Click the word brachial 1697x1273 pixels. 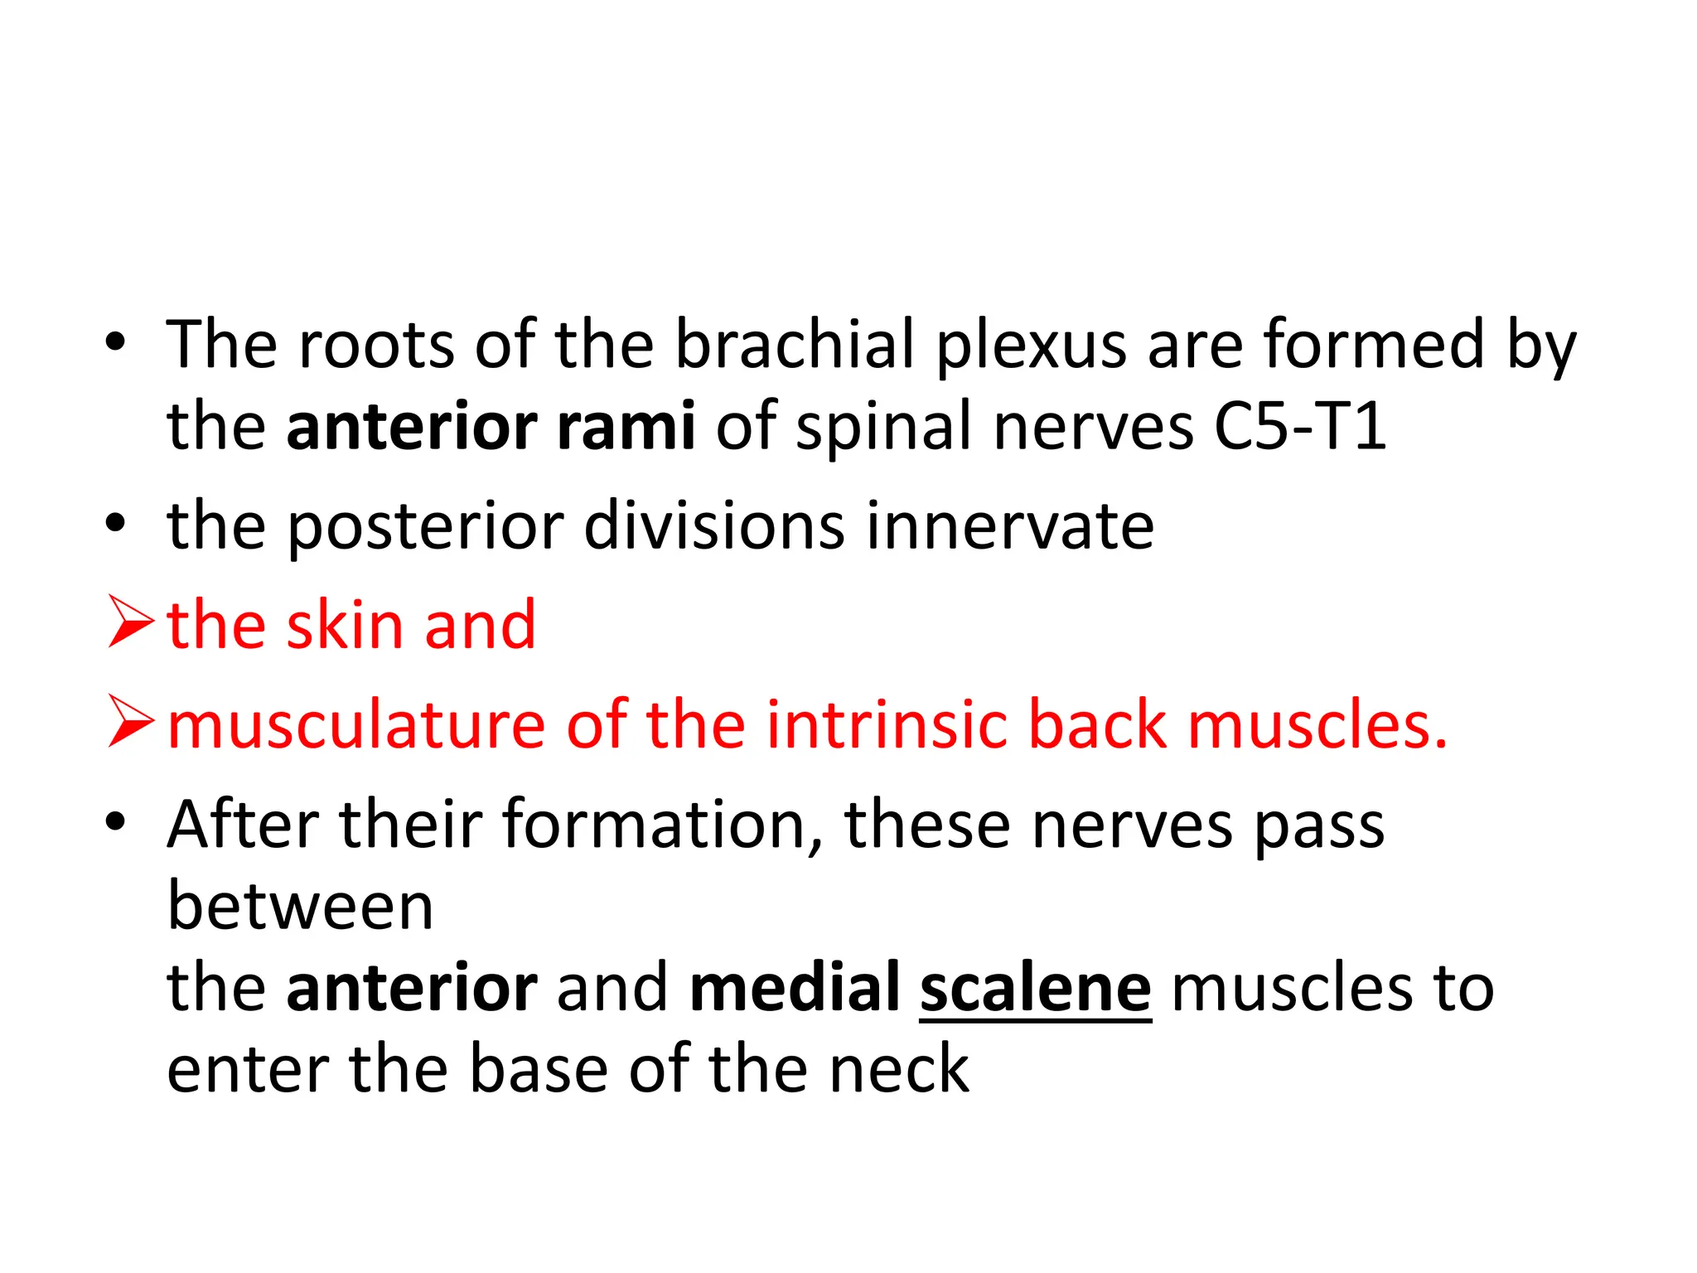(795, 344)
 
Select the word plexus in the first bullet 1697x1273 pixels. (1031, 346)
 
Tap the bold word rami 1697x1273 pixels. (626, 426)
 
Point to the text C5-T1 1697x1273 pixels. (1299, 426)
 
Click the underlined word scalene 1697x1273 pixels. (1035, 988)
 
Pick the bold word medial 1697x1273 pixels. (795, 988)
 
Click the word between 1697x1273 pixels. (300, 906)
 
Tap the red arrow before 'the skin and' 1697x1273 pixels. (130, 626)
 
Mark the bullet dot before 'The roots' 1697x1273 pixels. (116, 342)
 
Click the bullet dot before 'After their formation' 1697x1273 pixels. (116, 823)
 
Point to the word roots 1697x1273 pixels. (375, 344)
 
